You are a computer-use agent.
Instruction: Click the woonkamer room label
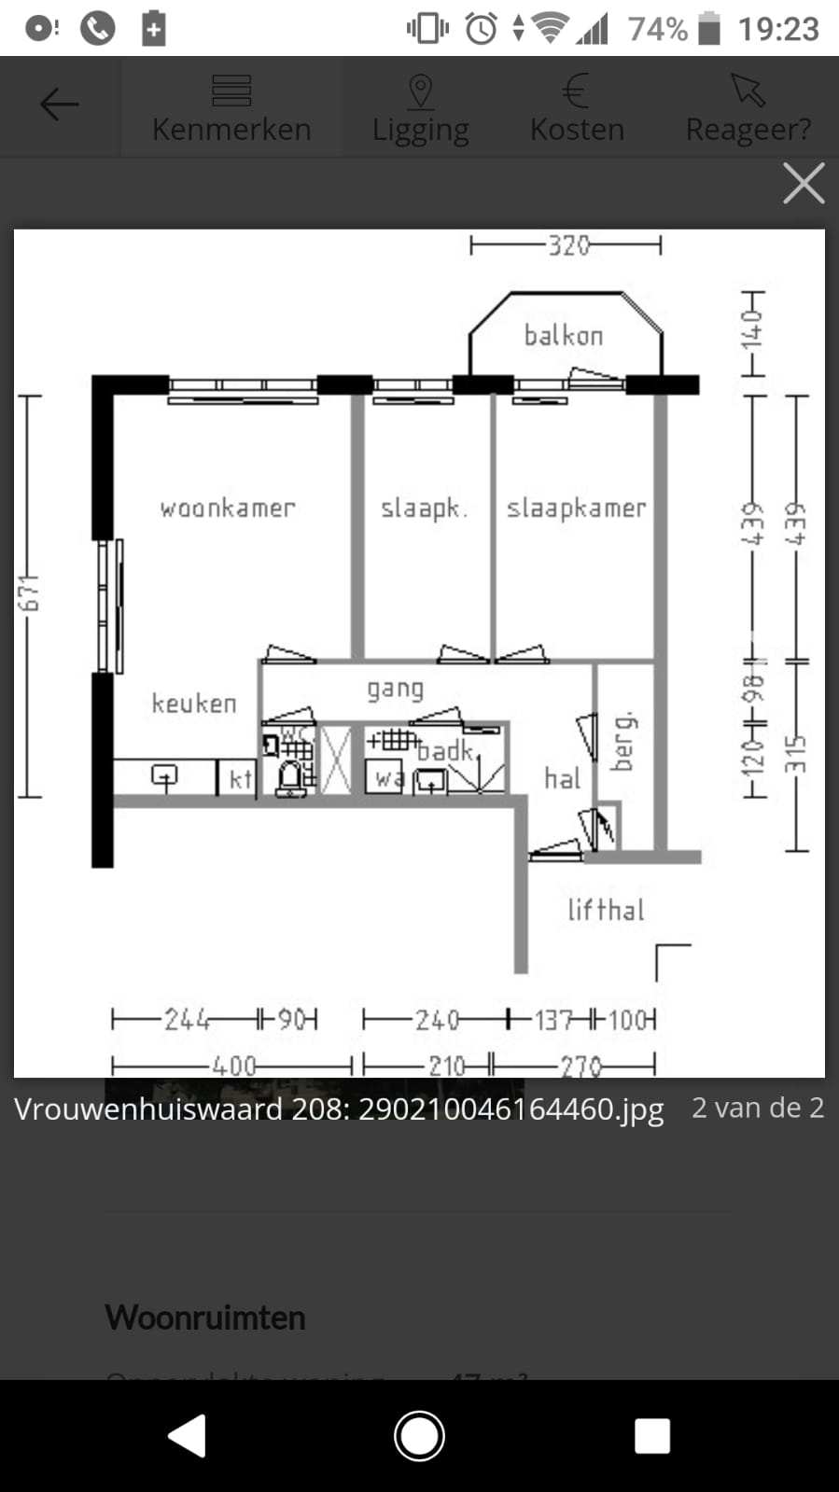click(227, 508)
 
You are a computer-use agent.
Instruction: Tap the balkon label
click(563, 335)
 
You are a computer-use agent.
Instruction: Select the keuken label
click(194, 703)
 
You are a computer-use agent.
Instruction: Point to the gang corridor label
click(395, 690)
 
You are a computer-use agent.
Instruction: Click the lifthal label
click(606, 910)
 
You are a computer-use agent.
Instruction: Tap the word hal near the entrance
click(562, 778)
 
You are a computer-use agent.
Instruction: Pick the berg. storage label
click(623, 742)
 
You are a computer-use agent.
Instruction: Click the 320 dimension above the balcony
click(568, 245)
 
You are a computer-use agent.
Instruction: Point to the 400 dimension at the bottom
click(232, 1065)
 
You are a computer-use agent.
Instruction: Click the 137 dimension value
click(553, 1020)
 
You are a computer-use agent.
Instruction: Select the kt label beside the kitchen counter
click(240, 779)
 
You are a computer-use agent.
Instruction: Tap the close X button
click(804, 183)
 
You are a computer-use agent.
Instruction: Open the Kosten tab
click(577, 108)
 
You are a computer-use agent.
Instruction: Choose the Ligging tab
click(420, 108)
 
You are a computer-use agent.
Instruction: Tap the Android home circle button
click(419, 1436)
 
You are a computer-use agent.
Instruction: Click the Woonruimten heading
click(205, 1318)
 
